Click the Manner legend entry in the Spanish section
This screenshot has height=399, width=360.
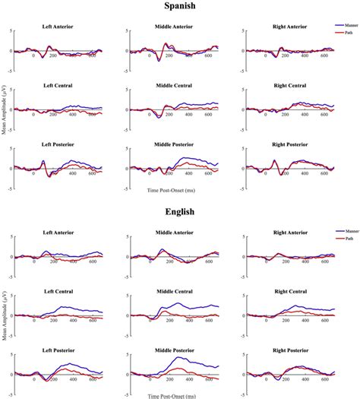[x=348, y=26]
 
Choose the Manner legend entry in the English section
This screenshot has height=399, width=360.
[x=348, y=230]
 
